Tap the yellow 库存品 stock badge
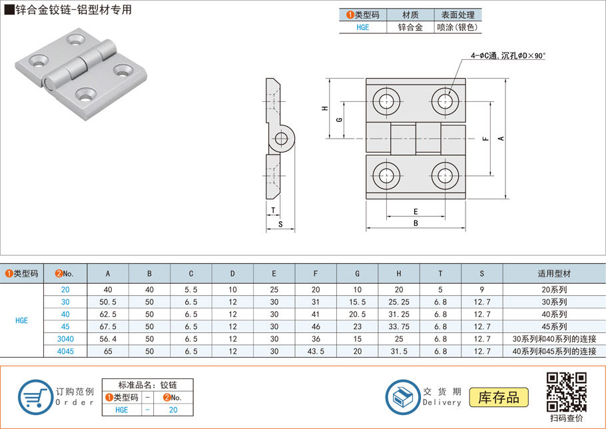click(x=499, y=398)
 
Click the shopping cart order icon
click(x=35, y=398)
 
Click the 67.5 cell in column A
click(x=108, y=326)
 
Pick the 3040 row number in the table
click(x=65, y=338)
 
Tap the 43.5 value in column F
click(x=316, y=351)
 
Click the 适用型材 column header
click(x=553, y=273)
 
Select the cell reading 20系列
click(x=553, y=290)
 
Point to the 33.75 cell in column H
click(x=399, y=326)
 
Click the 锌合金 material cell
click(x=410, y=28)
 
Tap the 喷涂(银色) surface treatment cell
click(x=457, y=28)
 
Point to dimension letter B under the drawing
click(x=416, y=224)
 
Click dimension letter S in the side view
click(x=280, y=224)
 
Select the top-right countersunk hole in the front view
click(x=444, y=101)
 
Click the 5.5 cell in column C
click(x=191, y=290)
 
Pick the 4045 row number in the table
click(x=65, y=351)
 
